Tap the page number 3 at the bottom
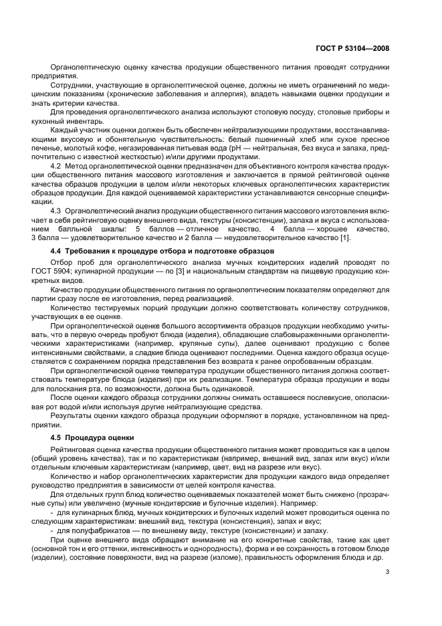tap(388, 571)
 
